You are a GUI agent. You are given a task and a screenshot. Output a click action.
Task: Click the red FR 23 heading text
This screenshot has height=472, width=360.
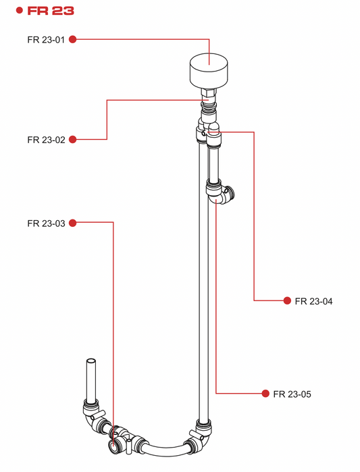[x=51, y=11]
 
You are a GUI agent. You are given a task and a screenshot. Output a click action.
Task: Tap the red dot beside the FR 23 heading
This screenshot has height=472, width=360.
[x=20, y=11]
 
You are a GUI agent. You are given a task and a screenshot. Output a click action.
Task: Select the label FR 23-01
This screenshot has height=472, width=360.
[x=46, y=40]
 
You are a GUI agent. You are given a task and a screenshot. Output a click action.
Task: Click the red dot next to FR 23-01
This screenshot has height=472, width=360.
[x=72, y=39]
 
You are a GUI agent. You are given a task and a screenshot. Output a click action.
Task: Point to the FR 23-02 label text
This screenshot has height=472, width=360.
[x=46, y=140]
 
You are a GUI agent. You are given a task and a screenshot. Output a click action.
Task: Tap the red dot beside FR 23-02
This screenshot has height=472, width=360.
[x=72, y=139]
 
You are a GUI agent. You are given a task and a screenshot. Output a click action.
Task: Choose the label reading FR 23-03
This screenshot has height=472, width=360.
[x=46, y=224]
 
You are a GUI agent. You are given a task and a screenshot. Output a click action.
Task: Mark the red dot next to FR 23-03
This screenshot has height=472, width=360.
[x=72, y=223]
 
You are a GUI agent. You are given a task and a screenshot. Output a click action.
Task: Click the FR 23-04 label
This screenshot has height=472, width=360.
[x=313, y=301]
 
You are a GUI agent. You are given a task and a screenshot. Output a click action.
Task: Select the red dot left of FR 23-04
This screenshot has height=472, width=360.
[x=287, y=300]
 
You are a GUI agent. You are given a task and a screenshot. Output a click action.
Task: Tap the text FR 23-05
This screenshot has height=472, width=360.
[x=292, y=394]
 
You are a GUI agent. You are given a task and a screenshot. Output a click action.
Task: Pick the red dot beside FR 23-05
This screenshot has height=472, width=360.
[x=265, y=394]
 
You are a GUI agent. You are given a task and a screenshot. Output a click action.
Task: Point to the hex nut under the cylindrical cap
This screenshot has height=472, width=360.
[x=209, y=92]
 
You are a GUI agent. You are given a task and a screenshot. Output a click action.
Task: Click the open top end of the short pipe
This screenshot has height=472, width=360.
[x=91, y=361]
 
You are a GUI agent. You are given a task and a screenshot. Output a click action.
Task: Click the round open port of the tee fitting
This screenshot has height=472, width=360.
[x=114, y=446]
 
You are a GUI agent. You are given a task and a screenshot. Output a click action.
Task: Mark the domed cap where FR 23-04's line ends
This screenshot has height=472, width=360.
[x=213, y=128]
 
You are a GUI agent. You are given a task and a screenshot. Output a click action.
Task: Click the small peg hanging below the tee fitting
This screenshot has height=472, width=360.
[x=128, y=446]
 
